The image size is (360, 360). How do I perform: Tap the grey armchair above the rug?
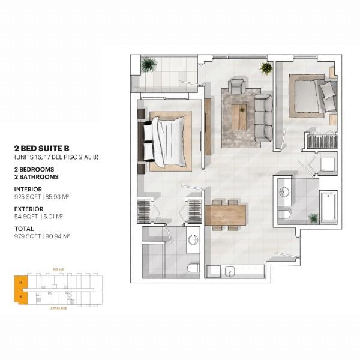(236, 86)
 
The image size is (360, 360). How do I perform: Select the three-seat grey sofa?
(262, 115)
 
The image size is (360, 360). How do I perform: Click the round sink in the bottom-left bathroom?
(193, 240)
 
